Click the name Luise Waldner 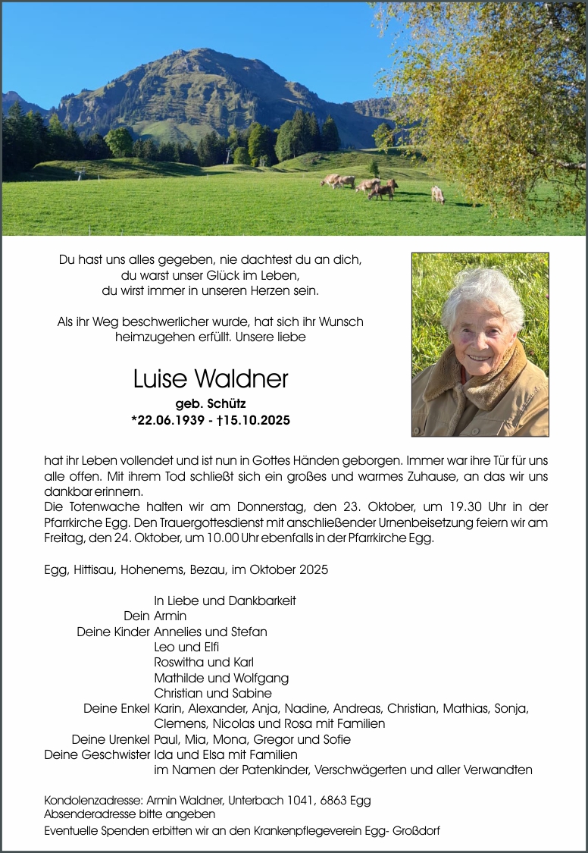[x=210, y=379]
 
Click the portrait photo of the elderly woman [x=480, y=344]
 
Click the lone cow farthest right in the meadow [x=438, y=194]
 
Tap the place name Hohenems [x=153, y=569]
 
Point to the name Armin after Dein [x=170, y=616]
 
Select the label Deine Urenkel [x=111, y=739]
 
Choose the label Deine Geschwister [x=96, y=754]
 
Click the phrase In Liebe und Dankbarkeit [x=224, y=601]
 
